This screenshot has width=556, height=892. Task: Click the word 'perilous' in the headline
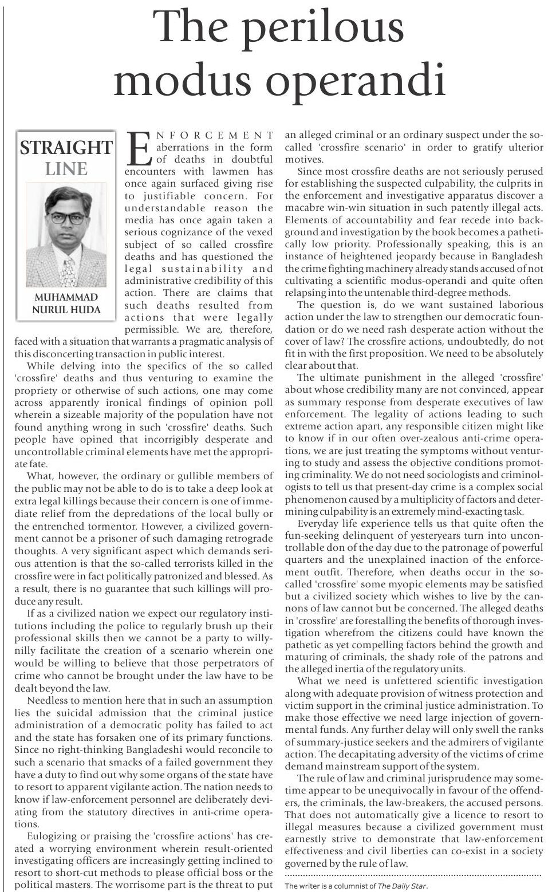[x=318, y=27]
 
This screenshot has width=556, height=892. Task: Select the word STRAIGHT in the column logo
[x=65, y=148]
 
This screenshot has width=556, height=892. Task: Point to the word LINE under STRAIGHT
[x=66, y=169]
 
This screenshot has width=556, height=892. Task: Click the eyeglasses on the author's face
[x=66, y=218]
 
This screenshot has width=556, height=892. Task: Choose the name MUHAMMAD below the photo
[x=66, y=297]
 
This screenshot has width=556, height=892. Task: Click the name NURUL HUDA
[x=66, y=310]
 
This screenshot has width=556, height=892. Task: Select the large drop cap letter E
[x=139, y=148]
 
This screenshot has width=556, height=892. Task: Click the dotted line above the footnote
[x=412, y=875]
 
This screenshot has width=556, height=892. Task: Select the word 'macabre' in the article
[x=306, y=207]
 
